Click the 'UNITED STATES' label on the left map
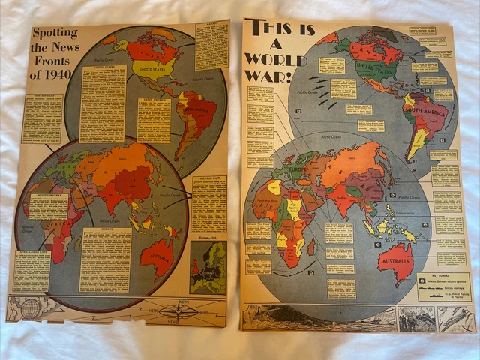click(152, 73)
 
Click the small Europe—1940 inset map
click(207, 268)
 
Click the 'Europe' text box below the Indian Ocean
click(105, 259)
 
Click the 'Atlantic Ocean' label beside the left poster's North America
click(200, 82)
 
